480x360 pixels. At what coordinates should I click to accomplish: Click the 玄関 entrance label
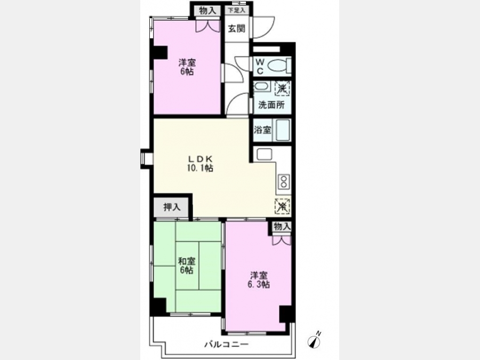[237, 29]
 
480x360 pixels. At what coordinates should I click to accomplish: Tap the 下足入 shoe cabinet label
[237, 10]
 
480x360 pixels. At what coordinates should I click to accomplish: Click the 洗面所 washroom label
[271, 105]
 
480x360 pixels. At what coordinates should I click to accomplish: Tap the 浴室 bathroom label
[262, 130]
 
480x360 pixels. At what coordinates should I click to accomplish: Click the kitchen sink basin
[264, 154]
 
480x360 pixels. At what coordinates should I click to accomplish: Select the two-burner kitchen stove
[284, 181]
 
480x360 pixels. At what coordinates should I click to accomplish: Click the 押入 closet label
[172, 207]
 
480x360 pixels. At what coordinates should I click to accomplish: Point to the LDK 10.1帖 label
[200, 164]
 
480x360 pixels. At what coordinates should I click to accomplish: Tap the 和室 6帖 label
[187, 266]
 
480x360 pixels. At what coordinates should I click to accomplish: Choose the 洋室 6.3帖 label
[259, 280]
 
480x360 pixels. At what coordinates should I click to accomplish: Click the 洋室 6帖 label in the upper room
[187, 67]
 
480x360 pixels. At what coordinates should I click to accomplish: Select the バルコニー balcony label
[226, 345]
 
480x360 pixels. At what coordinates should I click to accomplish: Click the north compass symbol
[314, 340]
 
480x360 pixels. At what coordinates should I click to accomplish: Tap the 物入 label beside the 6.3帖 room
[282, 227]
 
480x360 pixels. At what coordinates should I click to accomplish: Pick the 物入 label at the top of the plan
[207, 11]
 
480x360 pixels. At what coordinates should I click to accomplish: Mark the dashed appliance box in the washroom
[282, 89]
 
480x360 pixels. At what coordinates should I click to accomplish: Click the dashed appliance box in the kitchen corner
[282, 206]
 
